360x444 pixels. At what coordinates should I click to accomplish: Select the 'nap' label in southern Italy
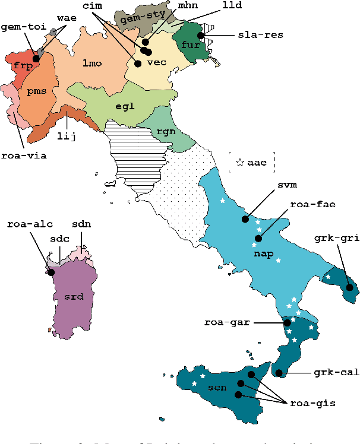point(263,255)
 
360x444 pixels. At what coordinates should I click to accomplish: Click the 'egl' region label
point(125,106)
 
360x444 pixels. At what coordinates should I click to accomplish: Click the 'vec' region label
point(156,62)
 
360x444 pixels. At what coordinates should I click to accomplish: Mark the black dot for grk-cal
point(279,373)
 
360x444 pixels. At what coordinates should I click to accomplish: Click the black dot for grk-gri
point(349,288)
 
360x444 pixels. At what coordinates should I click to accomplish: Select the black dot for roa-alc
point(51,272)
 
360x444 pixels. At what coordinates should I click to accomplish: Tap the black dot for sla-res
point(201,36)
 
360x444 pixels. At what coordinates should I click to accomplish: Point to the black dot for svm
point(245,219)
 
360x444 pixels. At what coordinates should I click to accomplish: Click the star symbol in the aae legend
point(240,161)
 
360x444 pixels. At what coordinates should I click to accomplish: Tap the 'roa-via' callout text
point(24,156)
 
